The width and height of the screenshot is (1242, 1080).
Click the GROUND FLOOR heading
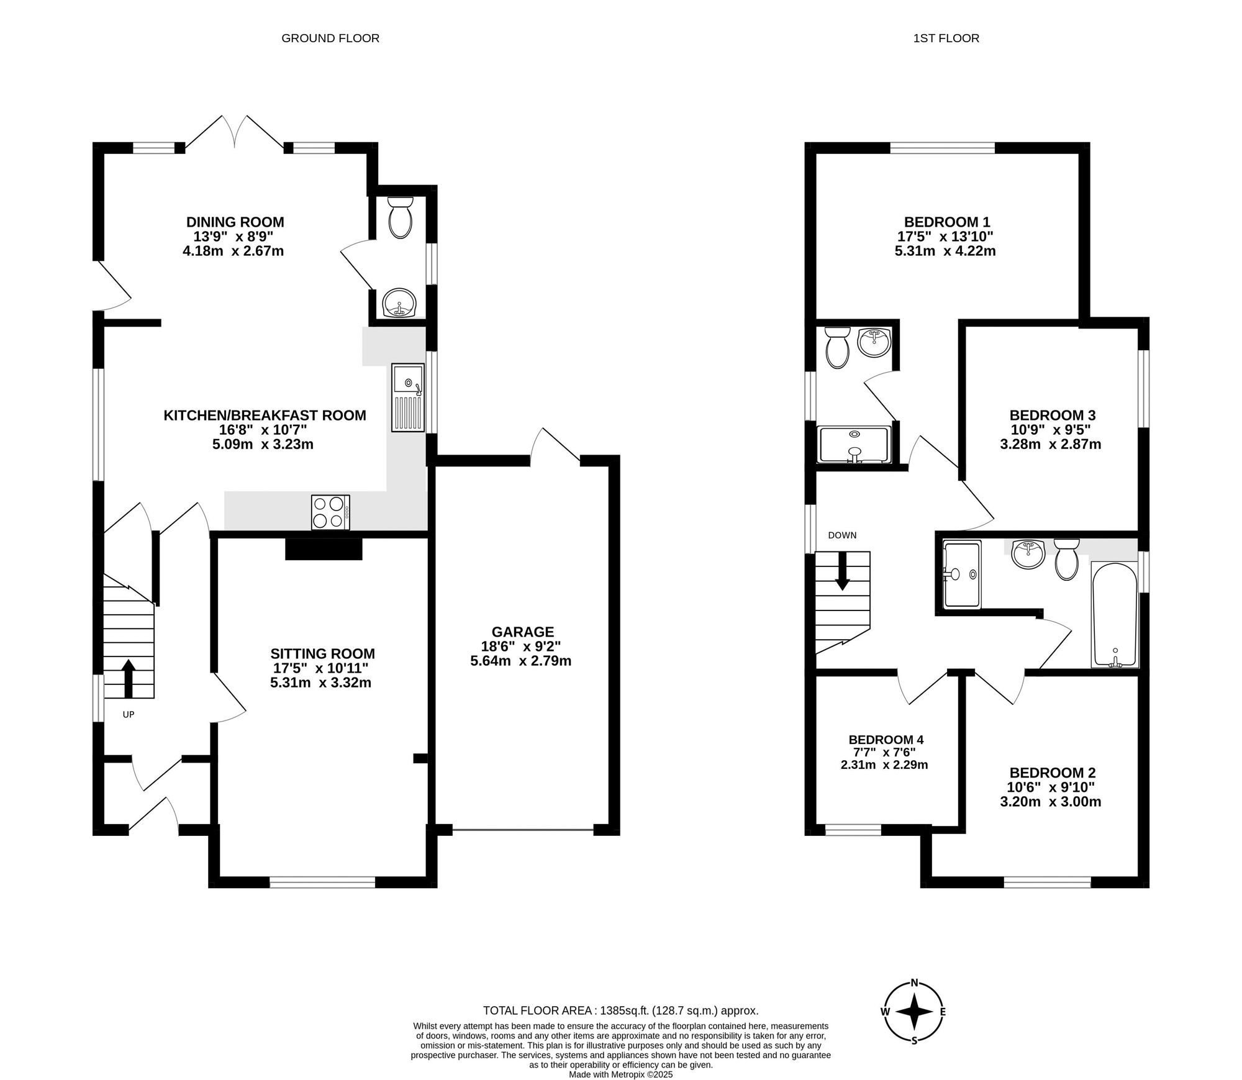(x=330, y=39)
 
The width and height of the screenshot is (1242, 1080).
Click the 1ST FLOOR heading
(x=946, y=39)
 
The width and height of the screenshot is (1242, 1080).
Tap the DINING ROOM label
(x=235, y=222)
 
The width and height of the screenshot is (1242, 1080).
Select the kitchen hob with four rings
(x=330, y=512)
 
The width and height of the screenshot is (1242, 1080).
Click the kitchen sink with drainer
(x=407, y=397)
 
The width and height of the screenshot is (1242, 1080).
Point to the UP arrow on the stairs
(x=129, y=678)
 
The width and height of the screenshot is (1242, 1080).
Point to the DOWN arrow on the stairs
(x=842, y=570)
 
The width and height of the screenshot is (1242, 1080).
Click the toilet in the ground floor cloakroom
(x=400, y=218)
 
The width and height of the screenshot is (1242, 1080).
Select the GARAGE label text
(x=522, y=632)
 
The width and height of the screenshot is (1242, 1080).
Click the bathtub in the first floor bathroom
(x=1115, y=615)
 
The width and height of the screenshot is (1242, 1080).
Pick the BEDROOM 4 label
(x=886, y=740)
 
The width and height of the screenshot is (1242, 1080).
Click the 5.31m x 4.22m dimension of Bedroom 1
(x=946, y=251)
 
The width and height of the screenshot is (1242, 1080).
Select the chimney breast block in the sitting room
(x=324, y=549)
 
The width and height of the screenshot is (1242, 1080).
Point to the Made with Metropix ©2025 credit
(x=620, y=1074)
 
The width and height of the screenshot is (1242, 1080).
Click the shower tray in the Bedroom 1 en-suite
(x=855, y=444)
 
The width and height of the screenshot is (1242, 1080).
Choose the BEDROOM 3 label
(x=1052, y=415)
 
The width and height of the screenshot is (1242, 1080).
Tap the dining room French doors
(x=235, y=132)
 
